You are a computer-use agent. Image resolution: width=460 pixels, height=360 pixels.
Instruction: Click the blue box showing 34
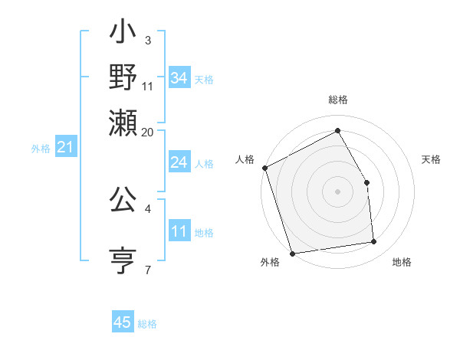pos(179,78)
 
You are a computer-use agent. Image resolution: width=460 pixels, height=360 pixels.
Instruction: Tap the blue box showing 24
pos(179,162)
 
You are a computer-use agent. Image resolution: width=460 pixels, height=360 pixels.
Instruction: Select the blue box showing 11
pos(179,232)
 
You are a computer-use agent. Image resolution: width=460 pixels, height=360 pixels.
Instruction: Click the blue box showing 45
pos(123,322)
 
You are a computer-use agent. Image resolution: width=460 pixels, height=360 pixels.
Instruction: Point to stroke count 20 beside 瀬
pos(149,132)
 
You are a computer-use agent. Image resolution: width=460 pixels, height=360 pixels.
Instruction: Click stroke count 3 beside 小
pos(148,40)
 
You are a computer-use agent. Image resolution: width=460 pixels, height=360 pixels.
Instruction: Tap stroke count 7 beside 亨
pos(148,269)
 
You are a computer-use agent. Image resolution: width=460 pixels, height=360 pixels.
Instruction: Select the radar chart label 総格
pos(337,100)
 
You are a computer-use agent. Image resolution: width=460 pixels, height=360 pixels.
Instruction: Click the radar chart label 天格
pos(431,159)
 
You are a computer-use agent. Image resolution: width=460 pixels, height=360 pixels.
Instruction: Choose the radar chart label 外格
pos(270,263)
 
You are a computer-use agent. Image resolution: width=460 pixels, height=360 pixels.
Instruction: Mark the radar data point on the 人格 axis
pos(264,168)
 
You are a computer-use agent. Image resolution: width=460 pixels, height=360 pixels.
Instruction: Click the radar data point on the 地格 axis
pos(374,242)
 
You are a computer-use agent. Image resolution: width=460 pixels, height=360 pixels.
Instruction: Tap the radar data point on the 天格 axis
pos(367,182)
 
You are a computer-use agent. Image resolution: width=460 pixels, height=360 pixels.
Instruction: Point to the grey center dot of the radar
pos(337,191)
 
